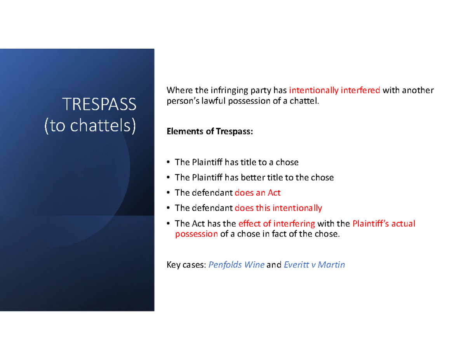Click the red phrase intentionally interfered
coord(334,91)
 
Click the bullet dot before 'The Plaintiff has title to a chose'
coord(168,162)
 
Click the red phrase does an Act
coord(257,193)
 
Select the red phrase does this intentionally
coord(278,208)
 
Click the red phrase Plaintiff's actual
coord(384,224)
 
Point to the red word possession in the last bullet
coord(196,234)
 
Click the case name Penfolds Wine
coord(236,265)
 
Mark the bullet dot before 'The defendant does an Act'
coord(168,193)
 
